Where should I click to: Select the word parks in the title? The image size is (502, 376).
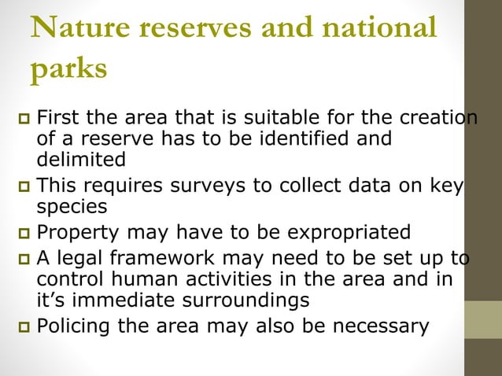click(68, 69)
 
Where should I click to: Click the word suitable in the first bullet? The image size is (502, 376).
click(248, 120)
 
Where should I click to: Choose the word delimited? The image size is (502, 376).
click(81, 160)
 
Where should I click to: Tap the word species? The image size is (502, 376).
click(70, 206)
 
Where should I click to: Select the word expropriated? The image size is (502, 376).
click(342, 233)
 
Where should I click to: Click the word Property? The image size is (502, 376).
click(78, 233)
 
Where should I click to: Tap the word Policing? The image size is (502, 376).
click(76, 326)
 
